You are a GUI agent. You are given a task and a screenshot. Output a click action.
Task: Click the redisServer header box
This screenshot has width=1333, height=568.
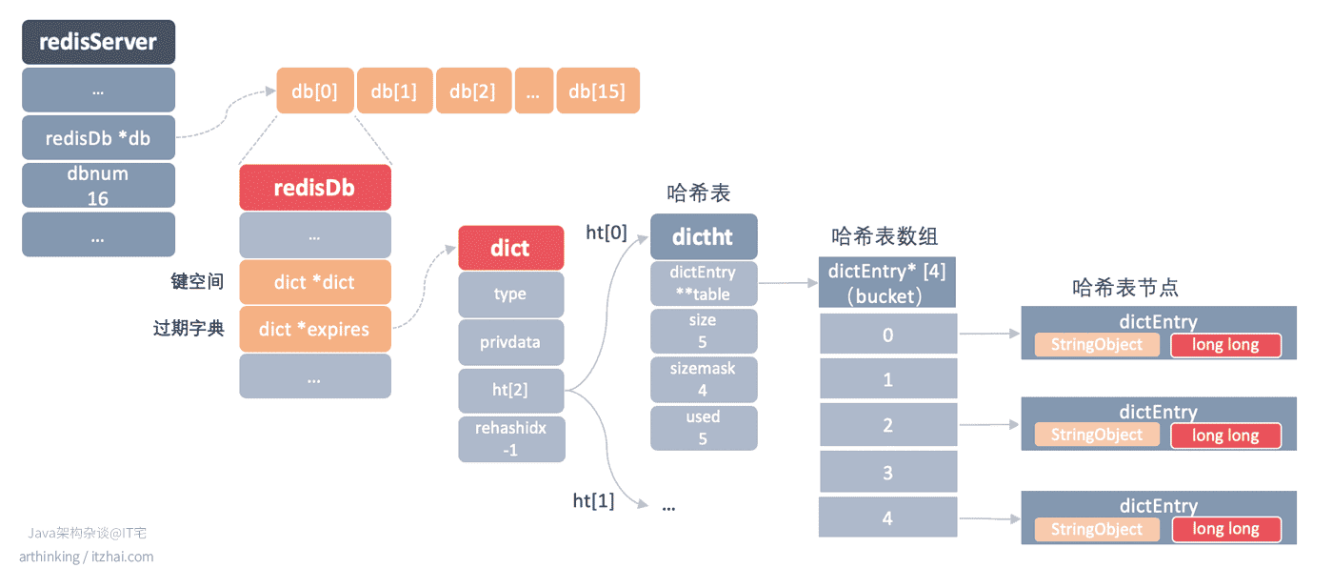pos(99,42)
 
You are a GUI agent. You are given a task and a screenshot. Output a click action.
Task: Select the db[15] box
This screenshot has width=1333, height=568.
pos(598,91)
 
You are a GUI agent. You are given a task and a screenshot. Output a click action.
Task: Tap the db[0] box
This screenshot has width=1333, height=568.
pos(315,91)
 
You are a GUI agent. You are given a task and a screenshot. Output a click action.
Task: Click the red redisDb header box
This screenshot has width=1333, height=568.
pos(315,188)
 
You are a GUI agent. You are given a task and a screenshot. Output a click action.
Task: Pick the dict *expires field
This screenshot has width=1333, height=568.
pos(315,329)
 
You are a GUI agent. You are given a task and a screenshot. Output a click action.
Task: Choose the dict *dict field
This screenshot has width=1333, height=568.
pos(315,282)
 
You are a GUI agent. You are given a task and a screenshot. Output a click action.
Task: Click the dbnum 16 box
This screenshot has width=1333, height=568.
pos(99,185)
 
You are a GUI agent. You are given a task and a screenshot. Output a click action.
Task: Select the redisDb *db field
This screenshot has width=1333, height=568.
pos(99,137)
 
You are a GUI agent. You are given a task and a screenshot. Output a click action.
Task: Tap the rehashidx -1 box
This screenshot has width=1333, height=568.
pos(511,438)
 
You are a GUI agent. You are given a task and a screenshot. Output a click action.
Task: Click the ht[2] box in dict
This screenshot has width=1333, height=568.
pos(511,391)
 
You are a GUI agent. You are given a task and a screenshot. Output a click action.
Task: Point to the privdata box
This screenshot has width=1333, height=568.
pos(511,342)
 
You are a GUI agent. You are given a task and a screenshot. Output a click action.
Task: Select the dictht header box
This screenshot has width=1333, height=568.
pos(704,236)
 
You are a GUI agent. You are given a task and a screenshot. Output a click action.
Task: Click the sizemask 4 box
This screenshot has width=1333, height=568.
pos(704,379)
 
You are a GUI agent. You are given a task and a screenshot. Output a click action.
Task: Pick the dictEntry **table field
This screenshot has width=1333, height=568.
pos(704,283)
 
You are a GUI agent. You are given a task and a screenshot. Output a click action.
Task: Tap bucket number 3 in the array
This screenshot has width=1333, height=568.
pos(887,472)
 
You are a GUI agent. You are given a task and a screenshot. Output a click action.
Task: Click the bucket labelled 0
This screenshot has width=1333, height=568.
pos(887,334)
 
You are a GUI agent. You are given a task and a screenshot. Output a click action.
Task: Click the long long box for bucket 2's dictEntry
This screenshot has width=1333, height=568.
pos(1226,436)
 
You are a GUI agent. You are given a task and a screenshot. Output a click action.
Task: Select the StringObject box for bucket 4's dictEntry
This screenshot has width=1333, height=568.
pos(1097,529)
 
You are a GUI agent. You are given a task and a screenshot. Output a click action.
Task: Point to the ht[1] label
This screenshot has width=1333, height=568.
pos(593,500)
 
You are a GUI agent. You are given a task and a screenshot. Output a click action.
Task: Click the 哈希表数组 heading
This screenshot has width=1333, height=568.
pos(885,236)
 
